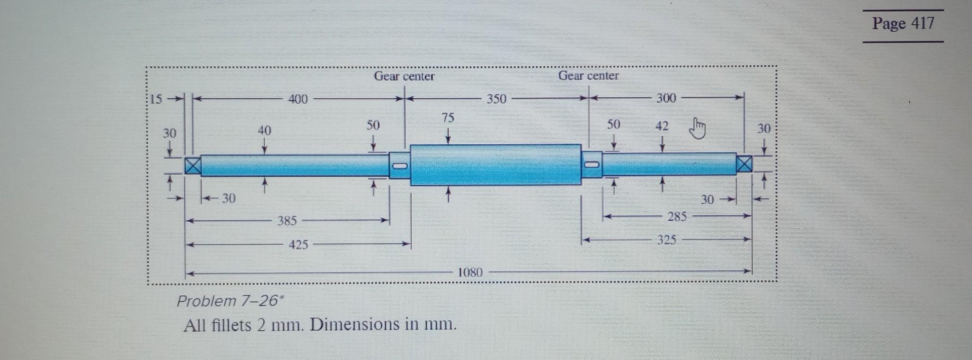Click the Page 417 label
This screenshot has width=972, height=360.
[903, 23]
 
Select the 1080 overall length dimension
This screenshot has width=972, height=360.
[470, 272]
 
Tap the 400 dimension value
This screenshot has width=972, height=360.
[298, 99]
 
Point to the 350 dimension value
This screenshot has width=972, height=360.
[496, 99]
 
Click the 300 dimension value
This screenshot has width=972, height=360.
[666, 98]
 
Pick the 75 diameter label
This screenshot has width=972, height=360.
[448, 118]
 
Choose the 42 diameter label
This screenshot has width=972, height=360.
[662, 126]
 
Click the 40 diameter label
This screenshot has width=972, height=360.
[264, 131]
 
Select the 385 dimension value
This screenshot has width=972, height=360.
[287, 221]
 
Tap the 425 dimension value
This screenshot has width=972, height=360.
[298, 245]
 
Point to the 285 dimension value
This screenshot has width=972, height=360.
[677, 217]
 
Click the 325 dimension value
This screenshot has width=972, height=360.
[666, 239]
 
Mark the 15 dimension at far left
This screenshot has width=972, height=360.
[156, 99]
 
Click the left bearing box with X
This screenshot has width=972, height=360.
[192, 166]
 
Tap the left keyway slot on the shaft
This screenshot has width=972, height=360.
[400, 166]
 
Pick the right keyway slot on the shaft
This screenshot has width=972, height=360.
[592, 165]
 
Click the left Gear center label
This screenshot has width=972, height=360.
[404, 76]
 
